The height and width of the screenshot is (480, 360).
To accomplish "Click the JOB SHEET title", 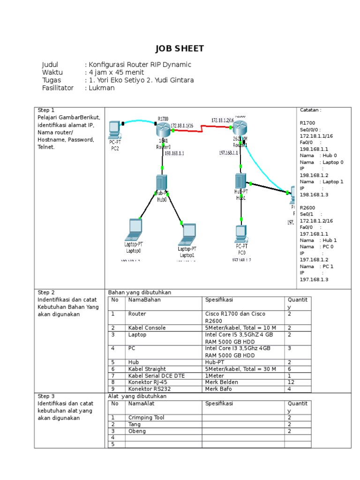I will click(x=180, y=49).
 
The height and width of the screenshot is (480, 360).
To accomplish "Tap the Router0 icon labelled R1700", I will click(x=163, y=129).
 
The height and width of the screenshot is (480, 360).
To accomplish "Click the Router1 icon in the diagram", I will click(x=240, y=127).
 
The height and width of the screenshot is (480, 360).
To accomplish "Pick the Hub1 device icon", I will click(x=240, y=181).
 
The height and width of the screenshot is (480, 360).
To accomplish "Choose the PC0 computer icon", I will click(x=241, y=233).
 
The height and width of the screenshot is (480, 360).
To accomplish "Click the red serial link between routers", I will click(x=202, y=128).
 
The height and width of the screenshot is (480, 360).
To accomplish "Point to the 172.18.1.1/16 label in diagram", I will click(x=184, y=125).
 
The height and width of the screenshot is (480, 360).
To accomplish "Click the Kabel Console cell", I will click(x=147, y=328).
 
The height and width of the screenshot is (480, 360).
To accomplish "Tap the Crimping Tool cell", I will click(x=146, y=418).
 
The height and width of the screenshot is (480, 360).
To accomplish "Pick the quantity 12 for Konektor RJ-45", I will click(x=291, y=382).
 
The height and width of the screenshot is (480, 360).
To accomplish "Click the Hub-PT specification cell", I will click(x=216, y=362).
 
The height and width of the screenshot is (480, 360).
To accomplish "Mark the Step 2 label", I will click(x=46, y=292).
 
